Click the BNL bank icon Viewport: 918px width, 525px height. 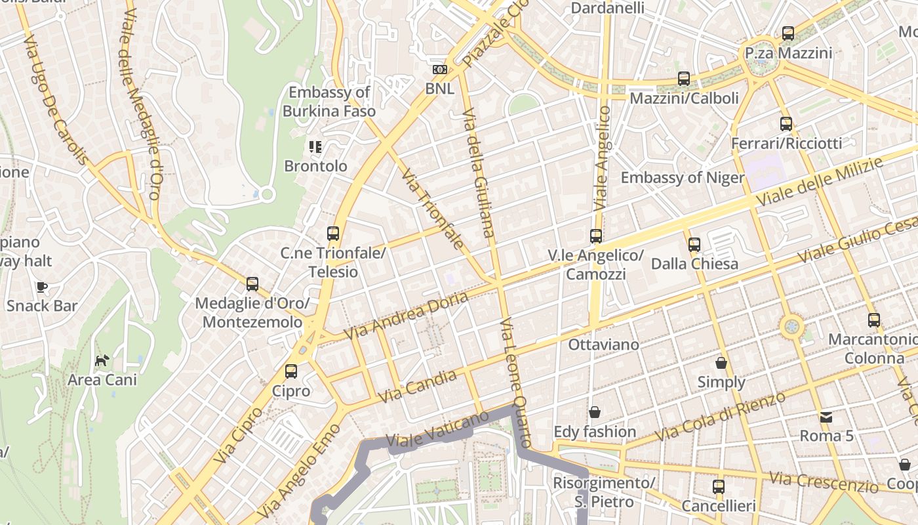[439, 70]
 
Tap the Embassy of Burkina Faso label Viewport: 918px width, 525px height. [329, 102]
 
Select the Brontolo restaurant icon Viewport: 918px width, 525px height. [315, 146]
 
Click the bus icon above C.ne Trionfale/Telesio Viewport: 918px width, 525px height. [333, 233]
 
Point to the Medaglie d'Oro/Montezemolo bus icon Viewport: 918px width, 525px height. [252, 284]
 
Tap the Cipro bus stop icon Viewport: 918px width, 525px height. [291, 371]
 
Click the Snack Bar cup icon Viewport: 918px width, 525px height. [42, 287]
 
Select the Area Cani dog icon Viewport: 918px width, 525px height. [102, 360]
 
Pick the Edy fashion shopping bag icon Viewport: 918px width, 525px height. [595, 412]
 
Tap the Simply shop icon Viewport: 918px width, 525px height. [721, 363]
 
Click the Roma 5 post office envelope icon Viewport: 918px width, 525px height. [826, 417]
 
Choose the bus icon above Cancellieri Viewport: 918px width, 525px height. [719, 487]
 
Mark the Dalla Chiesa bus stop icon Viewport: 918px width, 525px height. [694, 245]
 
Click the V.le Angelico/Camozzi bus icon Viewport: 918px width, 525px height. [595, 236]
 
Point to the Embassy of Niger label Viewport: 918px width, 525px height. [683, 178]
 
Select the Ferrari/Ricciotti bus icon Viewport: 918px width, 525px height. [786, 124]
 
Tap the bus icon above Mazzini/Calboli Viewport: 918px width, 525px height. [684, 79]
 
